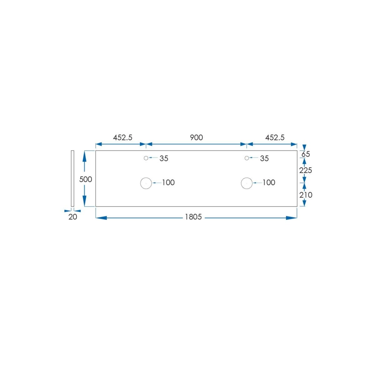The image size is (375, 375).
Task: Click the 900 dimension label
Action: (x=196, y=137)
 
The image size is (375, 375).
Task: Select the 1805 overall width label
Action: (x=193, y=217)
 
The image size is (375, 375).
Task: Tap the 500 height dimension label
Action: (x=86, y=179)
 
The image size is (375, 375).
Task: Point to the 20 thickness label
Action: (x=73, y=217)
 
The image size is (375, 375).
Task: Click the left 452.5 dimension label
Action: (x=122, y=137)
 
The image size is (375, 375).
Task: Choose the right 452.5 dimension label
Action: (x=275, y=137)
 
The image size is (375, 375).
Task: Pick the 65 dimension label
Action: (x=305, y=154)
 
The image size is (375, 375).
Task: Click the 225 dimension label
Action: (x=306, y=171)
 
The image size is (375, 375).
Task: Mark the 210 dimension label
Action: (x=306, y=195)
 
